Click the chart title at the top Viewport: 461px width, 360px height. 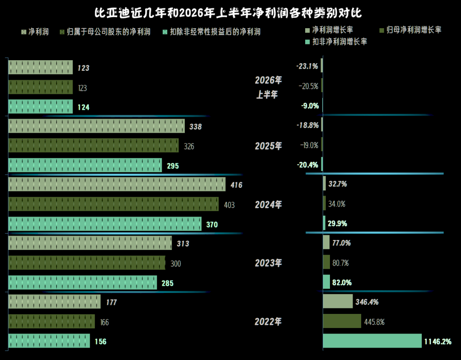pos(228,13)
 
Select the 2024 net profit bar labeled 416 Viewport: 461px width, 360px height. pos(117,184)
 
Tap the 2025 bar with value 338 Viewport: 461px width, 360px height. pos(96,126)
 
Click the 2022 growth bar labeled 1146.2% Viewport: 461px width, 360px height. pos(372,341)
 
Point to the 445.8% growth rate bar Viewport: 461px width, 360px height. pos(342,321)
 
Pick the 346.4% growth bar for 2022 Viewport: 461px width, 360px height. pos(338,301)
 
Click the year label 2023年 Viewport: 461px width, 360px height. pos(268,263)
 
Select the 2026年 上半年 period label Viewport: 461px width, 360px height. pos(268,87)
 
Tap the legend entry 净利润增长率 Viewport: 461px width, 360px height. pos(329,30)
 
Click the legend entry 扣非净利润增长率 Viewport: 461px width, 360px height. pos(336,42)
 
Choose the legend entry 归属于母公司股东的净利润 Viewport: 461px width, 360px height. pos(105,32)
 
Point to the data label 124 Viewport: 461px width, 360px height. pos(84,107)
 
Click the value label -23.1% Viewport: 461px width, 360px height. pos(307,66)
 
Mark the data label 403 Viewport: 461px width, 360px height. pos(229,205)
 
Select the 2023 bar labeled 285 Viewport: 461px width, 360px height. pos(83,282)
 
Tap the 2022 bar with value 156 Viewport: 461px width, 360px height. pos(49,341)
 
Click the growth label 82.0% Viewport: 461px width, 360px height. pos(342,282)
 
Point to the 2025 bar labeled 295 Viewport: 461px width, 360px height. pos(85,165)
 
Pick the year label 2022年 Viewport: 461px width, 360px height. pos(268,322)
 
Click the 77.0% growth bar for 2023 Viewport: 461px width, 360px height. pos(327,242)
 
